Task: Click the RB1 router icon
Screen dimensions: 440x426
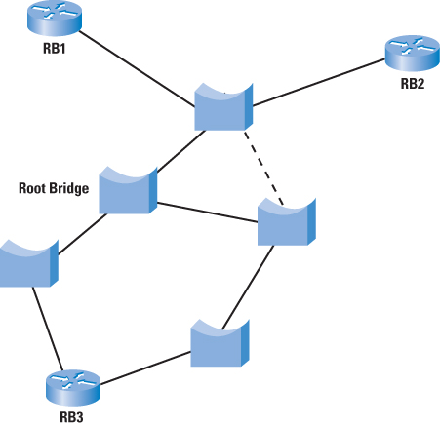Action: [55, 18]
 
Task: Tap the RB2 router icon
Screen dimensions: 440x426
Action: [413, 54]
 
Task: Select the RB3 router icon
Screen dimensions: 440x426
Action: [73, 387]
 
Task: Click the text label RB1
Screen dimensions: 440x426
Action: [55, 49]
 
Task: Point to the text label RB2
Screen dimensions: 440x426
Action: [413, 84]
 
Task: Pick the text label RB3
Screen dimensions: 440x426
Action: [71, 417]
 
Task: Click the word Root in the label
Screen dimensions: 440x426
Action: [31, 188]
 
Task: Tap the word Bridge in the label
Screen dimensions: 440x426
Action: [68, 189]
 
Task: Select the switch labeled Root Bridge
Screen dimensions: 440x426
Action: [128, 190]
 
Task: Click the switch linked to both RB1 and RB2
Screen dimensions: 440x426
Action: [223, 107]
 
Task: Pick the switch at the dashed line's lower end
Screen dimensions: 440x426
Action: [287, 221]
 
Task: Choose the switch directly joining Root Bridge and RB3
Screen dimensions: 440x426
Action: [28, 263]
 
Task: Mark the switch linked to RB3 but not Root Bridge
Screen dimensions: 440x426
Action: [220, 343]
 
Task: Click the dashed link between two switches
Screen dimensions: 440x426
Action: [263, 168]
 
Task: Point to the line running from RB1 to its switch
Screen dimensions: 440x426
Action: [137, 69]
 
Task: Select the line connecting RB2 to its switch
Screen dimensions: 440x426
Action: [319, 83]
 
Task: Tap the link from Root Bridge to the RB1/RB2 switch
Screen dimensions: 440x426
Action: [180, 151]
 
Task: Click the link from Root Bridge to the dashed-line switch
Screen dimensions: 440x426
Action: [208, 213]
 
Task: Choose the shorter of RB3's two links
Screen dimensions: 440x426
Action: [48, 329]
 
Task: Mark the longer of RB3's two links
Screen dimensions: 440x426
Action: [145, 368]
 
